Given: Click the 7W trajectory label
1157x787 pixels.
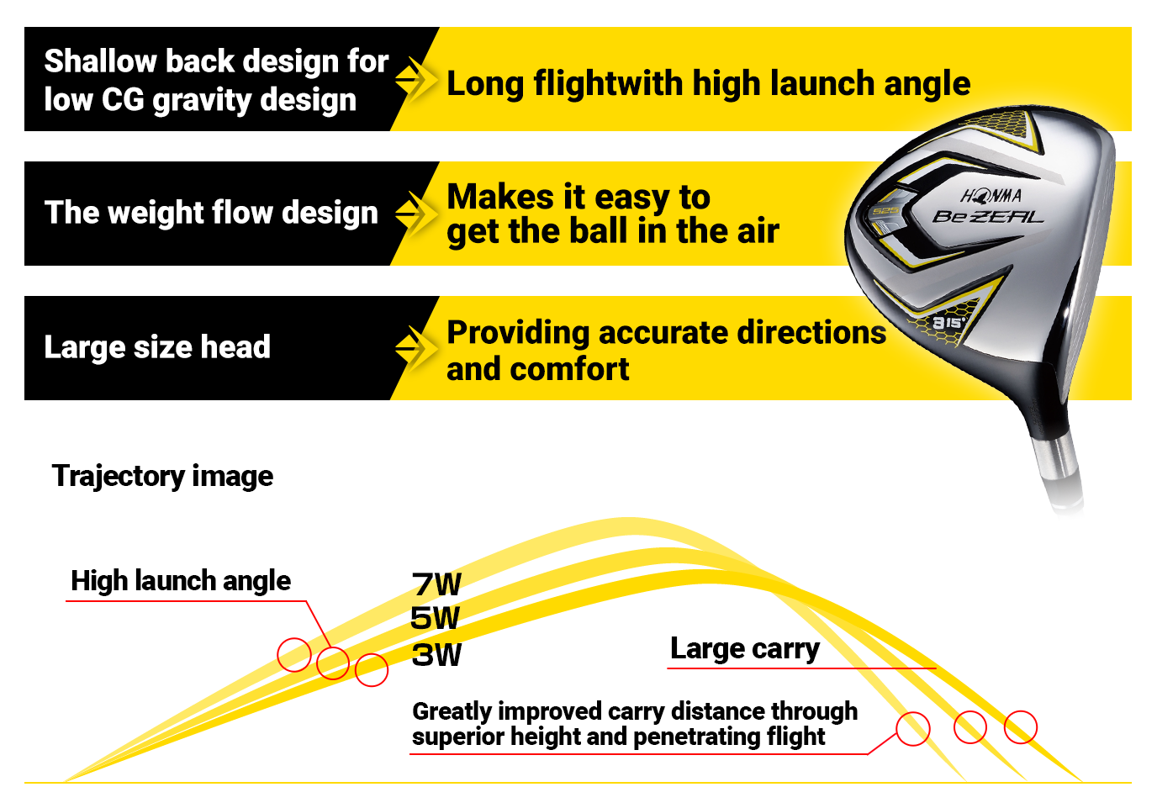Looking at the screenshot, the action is (x=436, y=584).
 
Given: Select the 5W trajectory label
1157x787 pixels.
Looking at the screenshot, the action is (x=435, y=618).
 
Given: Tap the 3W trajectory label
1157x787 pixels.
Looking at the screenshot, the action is (x=436, y=655).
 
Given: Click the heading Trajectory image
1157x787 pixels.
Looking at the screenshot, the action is (x=162, y=476).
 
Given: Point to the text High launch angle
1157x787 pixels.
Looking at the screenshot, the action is (x=181, y=582).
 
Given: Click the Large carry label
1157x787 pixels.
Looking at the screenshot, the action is (x=745, y=649).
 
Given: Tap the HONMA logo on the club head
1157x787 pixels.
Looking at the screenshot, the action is (x=991, y=196).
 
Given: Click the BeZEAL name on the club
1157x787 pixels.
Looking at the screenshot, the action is (x=988, y=216).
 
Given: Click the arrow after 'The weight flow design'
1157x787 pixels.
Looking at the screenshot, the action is (x=416, y=214).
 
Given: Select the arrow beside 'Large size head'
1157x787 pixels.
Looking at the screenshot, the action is (x=416, y=348).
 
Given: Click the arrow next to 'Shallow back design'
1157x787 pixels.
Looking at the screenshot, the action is (x=416, y=80).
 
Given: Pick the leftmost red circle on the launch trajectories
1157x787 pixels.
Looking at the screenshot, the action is (x=294, y=655).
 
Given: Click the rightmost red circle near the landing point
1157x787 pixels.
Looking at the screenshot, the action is (x=1020, y=727).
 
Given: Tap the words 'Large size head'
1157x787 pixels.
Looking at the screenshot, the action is (x=157, y=347).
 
